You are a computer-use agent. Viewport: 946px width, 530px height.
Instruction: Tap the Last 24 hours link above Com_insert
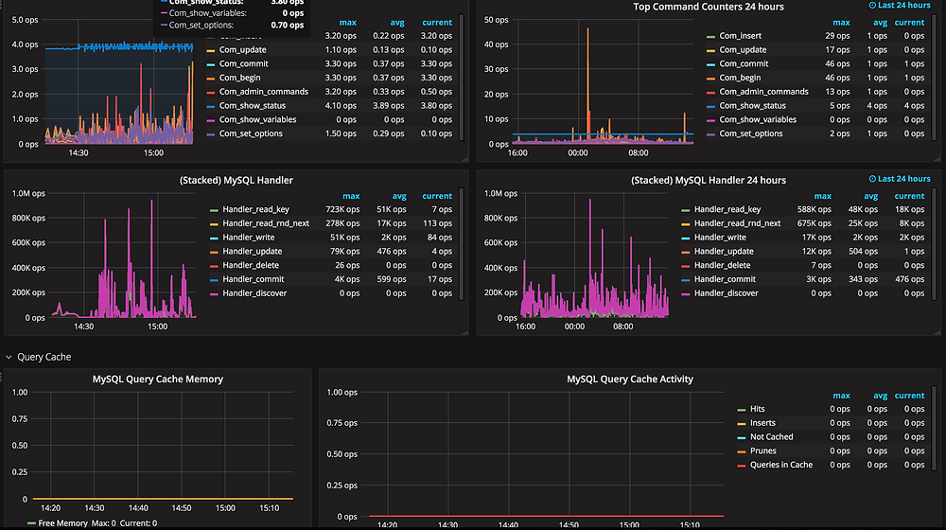[x=899, y=6]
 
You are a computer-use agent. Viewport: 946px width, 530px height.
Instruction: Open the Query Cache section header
[x=44, y=357]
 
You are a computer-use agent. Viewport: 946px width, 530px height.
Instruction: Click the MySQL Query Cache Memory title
[x=158, y=379]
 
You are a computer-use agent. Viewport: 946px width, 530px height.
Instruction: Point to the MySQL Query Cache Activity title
[x=629, y=379]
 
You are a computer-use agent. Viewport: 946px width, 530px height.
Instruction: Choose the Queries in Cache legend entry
[x=781, y=465]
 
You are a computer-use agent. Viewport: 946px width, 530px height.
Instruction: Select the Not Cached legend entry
[x=771, y=437]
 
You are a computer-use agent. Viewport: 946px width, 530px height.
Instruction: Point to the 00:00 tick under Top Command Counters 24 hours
[x=577, y=152]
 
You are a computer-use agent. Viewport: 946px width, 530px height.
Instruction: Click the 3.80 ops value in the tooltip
[x=287, y=2]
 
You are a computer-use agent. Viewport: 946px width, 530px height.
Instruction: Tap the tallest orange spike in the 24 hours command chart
[x=588, y=30]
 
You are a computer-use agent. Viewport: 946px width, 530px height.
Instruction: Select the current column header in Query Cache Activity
[x=909, y=396]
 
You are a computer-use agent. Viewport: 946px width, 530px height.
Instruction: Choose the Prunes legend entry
[x=762, y=451]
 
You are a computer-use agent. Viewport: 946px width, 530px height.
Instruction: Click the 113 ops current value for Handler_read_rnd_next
[x=438, y=223]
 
